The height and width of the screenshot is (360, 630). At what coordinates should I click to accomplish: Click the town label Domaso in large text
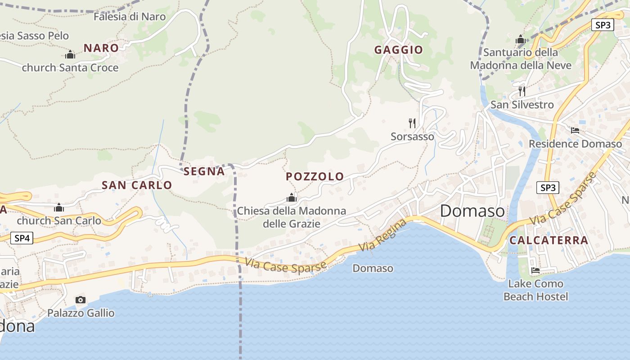[472, 211]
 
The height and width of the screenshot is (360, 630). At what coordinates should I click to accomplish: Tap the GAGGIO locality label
[399, 50]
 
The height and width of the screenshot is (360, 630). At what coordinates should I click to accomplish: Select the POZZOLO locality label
[315, 176]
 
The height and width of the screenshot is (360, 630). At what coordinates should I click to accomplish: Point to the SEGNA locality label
[204, 171]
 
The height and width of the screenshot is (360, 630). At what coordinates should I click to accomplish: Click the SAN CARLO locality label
[137, 185]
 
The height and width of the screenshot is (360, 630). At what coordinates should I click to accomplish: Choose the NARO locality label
[101, 48]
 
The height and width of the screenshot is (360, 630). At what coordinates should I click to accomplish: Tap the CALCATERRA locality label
[549, 240]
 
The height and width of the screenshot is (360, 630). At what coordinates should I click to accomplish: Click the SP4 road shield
[22, 238]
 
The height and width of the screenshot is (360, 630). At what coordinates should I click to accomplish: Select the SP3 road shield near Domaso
[548, 188]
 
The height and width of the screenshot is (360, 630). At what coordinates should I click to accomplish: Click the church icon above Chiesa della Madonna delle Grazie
[292, 198]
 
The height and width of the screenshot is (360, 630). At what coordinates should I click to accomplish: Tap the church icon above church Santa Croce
[70, 54]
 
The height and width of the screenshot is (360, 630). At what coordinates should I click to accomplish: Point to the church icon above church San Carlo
[59, 207]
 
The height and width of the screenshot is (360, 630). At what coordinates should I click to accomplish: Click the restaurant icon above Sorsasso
[412, 123]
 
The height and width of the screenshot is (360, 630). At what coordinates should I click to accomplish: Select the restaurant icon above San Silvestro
[522, 91]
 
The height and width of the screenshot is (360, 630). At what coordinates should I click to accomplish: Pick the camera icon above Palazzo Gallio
[81, 300]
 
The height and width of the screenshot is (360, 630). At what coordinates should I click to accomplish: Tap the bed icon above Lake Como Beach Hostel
[535, 270]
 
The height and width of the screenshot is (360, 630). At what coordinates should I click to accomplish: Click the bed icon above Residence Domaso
[575, 130]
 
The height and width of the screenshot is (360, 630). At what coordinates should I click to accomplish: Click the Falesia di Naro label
[130, 17]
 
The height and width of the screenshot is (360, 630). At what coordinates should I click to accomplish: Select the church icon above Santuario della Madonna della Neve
[521, 40]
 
